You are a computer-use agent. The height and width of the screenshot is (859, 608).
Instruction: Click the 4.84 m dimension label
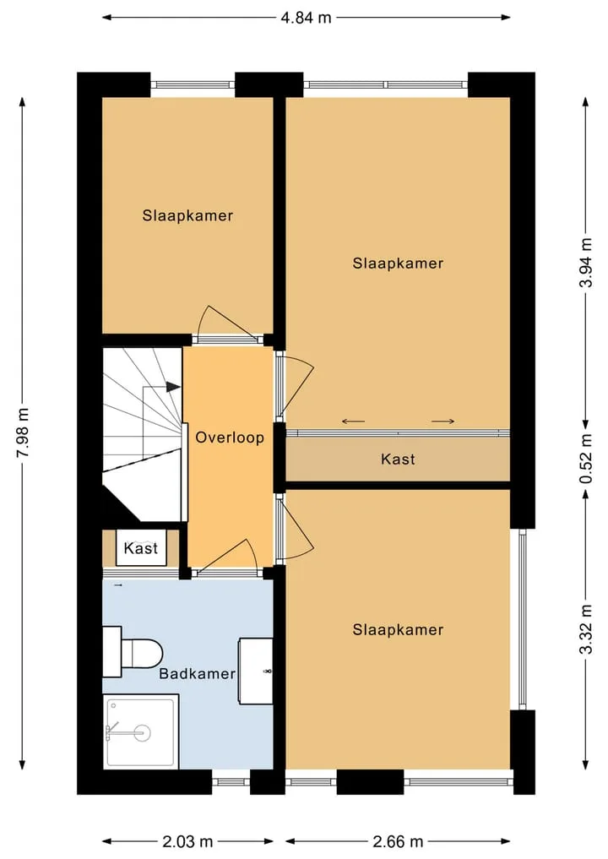[x=307, y=18]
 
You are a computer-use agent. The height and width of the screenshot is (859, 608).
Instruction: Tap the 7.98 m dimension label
[x=24, y=432]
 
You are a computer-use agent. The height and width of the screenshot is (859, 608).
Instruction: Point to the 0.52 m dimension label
[x=586, y=459]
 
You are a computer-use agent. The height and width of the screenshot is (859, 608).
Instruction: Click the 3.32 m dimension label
[x=586, y=629]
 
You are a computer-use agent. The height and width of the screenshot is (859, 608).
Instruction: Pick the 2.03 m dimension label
[x=187, y=841]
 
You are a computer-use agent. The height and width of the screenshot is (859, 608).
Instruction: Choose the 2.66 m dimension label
[x=398, y=841]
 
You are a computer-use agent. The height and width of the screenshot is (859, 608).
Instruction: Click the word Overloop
[x=230, y=438]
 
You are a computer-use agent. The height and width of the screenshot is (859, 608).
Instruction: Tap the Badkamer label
[x=198, y=673]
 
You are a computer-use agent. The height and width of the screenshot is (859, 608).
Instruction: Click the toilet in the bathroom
[x=133, y=652]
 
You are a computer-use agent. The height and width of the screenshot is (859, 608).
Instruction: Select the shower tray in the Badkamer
[x=141, y=732]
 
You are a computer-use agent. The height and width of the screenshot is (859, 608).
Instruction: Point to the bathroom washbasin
[x=256, y=671]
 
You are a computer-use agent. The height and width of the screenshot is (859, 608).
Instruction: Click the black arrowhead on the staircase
[x=174, y=387]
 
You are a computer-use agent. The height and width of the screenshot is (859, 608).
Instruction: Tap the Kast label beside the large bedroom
[x=398, y=459]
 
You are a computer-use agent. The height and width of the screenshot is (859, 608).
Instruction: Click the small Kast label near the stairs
[x=141, y=548]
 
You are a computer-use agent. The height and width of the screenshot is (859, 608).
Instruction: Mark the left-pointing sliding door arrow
[x=353, y=421]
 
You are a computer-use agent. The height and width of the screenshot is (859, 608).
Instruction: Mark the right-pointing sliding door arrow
[x=443, y=421]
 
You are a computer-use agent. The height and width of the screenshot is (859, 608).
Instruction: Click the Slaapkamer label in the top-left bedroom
[x=187, y=215]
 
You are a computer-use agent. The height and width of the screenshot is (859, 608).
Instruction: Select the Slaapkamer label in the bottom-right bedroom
[x=398, y=629]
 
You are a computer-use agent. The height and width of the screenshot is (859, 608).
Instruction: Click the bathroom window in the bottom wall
[x=231, y=782]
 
